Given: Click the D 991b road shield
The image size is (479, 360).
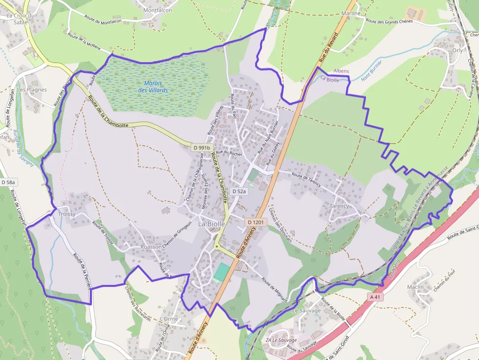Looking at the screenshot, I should point(201,148).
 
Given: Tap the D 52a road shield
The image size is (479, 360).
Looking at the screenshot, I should point(239,191).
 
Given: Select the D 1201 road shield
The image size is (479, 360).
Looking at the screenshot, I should point(256,222).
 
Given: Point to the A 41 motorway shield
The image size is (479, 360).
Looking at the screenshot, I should point(375,296).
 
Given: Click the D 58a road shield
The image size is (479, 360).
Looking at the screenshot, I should point(8,182).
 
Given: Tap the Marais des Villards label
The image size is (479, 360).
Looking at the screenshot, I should point(153,86).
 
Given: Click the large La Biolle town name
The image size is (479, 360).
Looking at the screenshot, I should point(212,224).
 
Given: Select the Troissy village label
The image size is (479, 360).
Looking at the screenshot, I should point(67,214).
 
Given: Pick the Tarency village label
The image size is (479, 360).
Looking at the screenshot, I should point(340,206).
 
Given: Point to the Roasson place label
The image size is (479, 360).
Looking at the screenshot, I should point(151,247).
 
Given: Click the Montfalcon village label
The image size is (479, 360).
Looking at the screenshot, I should point(157,10).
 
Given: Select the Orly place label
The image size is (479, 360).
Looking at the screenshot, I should point(457,50).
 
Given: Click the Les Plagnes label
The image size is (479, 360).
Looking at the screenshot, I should point(32,90).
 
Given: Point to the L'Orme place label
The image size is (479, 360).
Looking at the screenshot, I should point(169,319).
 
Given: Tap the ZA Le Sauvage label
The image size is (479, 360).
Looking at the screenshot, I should point(282,340).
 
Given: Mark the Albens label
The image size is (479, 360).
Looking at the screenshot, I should point(341,71).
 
